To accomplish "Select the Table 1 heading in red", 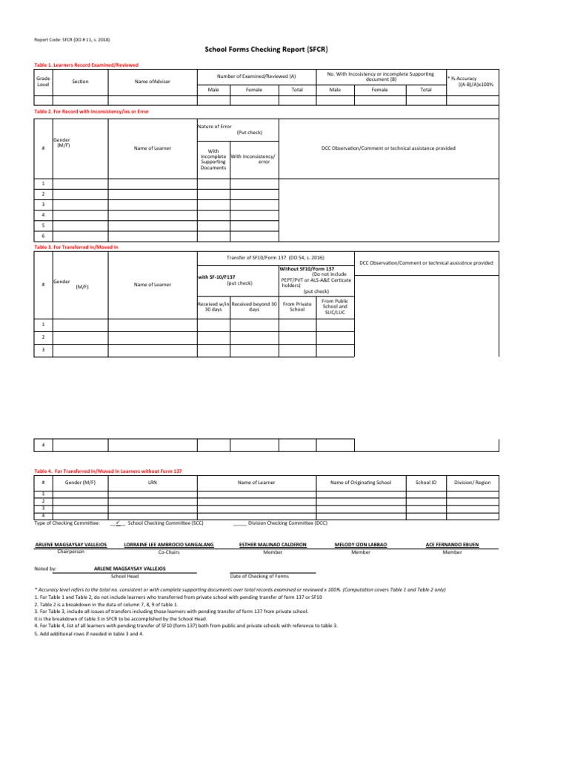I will point(87,65).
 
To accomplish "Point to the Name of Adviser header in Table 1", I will point(152,81).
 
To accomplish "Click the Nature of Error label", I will point(214,127).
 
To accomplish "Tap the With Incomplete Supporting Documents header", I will point(213,159).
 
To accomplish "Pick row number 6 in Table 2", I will point(44,235).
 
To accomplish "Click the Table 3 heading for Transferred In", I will point(76,245).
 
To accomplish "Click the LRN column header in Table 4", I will point(152,482).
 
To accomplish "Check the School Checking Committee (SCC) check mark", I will point(117,522).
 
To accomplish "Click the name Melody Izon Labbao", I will point(361,545).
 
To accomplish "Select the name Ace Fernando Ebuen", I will point(453,545).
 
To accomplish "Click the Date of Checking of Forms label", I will point(259,576).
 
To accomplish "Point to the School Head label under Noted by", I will point(124,576).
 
